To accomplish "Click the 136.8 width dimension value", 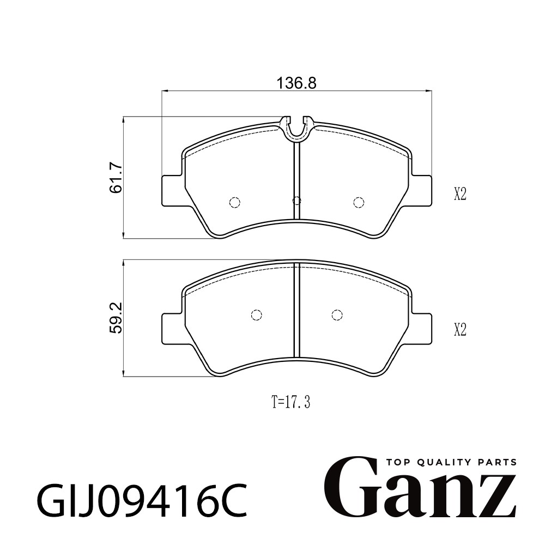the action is click(x=296, y=83).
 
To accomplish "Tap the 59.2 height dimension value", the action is click(x=116, y=318).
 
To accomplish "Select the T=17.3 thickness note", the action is click(x=290, y=403).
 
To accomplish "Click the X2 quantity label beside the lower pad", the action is click(x=460, y=330).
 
